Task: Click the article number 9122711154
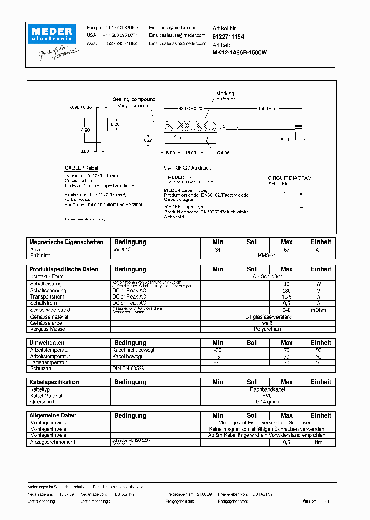coord(228,37)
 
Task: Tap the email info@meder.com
coord(178,28)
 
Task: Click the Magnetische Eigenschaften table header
coord(67,242)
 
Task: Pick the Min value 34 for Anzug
coord(218,250)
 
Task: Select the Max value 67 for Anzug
coord(286,250)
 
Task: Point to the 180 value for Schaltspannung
coord(286,290)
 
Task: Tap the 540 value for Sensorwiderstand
coord(286,310)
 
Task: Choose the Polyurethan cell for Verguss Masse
coord(267,329)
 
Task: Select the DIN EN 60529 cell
coord(128,369)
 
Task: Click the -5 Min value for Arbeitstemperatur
coord(218,357)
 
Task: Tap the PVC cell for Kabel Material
coord(267,396)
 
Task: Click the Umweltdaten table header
coord(47,343)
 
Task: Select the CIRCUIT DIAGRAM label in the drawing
coord(290,178)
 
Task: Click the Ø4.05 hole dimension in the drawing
coord(225,153)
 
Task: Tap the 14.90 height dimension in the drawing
coord(84,131)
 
